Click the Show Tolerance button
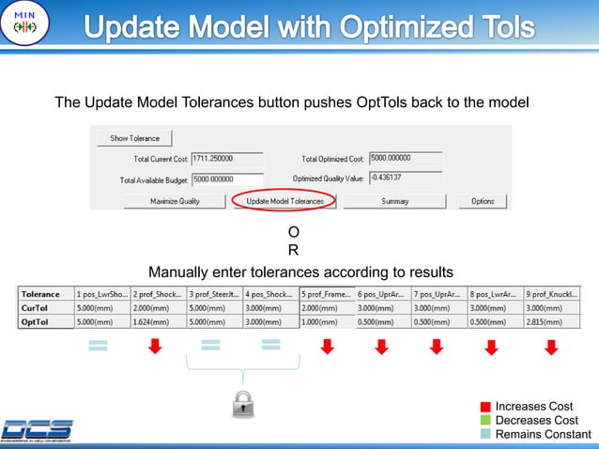pyautogui.click(x=135, y=138)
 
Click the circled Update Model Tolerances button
pyautogui.click(x=284, y=201)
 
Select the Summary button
pyautogui.click(x=394, y=201)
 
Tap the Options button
pyautogui.click(x=483, y=201)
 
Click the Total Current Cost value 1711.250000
pyautogui.click(x=226, y=159)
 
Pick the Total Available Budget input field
pyautogui.click(x=226, y=178)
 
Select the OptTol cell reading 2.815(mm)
pyautogui.click(x=551, y=322)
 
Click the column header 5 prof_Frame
pyautogui.click(x=326, y=293)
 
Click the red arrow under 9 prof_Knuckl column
pyautogui.click(x=551, y=348)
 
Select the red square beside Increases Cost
pyautogui.click(x=485, y=407)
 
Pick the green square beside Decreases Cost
pyautogui.click(x=485, y=420)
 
